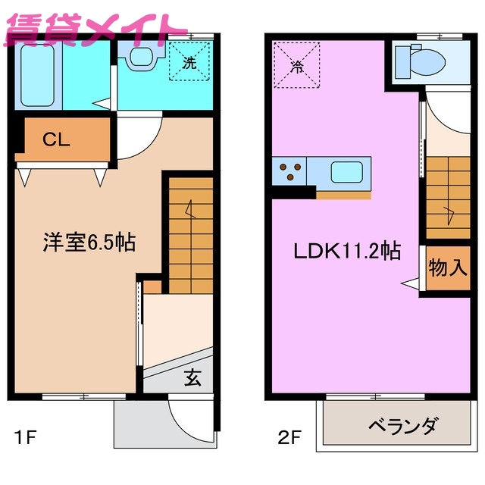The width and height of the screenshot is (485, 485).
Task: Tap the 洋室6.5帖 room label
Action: (x=88, y=243)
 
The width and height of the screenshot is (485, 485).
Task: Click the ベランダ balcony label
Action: (x=402, y=427)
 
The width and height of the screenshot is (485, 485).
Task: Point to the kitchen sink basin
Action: (x=349, y=172)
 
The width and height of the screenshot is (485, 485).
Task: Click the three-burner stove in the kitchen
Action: (x=289, y=171)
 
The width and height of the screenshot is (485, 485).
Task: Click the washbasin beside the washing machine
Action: (x=141, y=56)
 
